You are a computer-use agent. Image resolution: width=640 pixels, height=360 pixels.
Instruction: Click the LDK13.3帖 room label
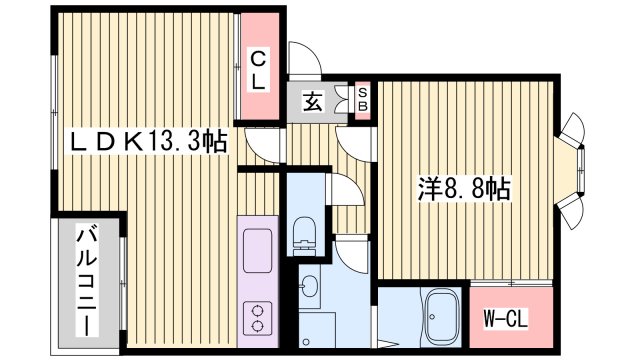point(146,142)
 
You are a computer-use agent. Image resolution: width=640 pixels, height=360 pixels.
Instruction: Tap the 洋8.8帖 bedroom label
point(462,188)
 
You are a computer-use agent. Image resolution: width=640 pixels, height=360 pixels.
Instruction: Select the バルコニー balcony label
point(87,283)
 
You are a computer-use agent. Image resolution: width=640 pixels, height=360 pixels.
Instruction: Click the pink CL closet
point(258,70)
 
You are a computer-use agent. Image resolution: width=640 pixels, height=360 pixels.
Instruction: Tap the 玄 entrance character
point(312,101)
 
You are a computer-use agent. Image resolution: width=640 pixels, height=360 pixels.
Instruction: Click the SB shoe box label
point(363,99)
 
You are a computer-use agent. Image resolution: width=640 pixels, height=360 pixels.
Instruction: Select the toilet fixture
point(306,233)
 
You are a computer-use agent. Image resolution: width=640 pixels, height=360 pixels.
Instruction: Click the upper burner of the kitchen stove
point(257,309)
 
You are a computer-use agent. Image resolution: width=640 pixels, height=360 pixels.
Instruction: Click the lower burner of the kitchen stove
point(257,326)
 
